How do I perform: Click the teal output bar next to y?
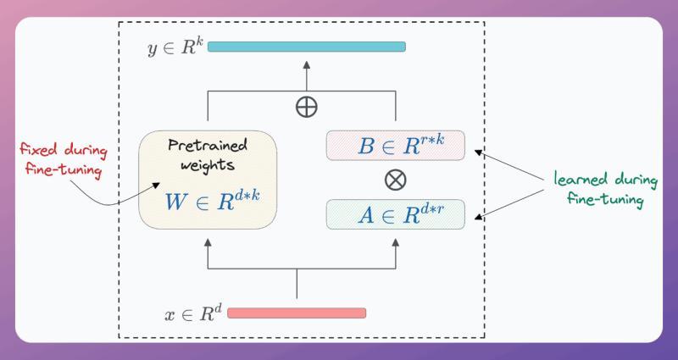(306, 47)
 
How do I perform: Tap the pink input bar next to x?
(297, 313)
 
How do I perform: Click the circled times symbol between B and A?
(396, 180)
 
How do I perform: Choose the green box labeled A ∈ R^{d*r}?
(396, 213)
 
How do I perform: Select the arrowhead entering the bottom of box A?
(396, 242)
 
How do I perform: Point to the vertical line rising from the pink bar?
(297, 284)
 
